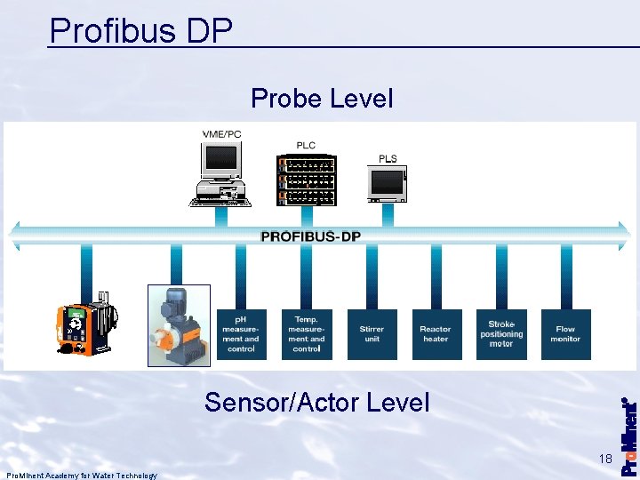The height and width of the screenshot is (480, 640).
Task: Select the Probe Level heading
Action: pos(322,98)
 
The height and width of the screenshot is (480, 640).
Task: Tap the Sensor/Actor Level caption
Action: pos(316,403)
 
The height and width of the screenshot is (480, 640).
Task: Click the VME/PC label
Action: pos(221,134)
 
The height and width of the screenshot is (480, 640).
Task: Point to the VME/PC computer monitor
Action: pos(220,162)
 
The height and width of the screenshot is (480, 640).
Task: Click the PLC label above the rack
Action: pos(306,145)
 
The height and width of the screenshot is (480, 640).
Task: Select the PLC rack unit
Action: pos(306,180)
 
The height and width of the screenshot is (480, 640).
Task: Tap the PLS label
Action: pos(388,158)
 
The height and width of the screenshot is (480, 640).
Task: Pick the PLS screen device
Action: pos(387,184)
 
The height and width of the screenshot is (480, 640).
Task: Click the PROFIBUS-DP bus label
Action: pos(310,236)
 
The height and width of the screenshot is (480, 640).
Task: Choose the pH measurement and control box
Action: pos(242,334)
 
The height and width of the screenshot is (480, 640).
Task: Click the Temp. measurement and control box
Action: pos(307,334)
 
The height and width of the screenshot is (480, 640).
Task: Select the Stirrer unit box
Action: pos(372,334)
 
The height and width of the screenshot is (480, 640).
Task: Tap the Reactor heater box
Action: pos(436,334)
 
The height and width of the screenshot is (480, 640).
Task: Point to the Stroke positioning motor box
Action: pos(501,334)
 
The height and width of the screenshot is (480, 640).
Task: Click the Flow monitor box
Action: pos(565,334)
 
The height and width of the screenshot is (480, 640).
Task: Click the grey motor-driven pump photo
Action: pos(178,325)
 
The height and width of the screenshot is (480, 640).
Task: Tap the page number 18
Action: pos(605,460)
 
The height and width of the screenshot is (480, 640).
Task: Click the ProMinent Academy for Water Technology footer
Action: pos(81,476)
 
